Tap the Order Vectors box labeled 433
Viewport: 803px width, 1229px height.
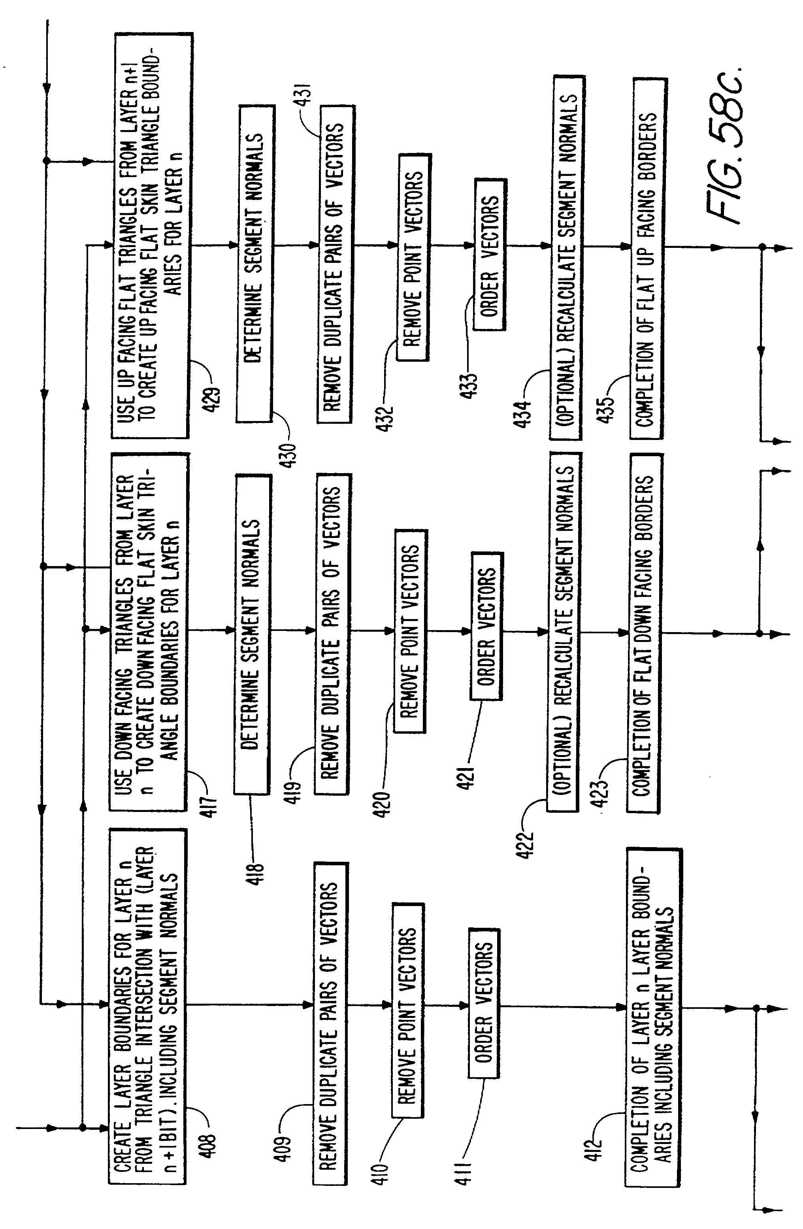[x=490, y=254]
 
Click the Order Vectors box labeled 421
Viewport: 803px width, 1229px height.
[x=486, y=626]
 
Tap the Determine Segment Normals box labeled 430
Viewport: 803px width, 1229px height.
[x=255, y=263]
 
